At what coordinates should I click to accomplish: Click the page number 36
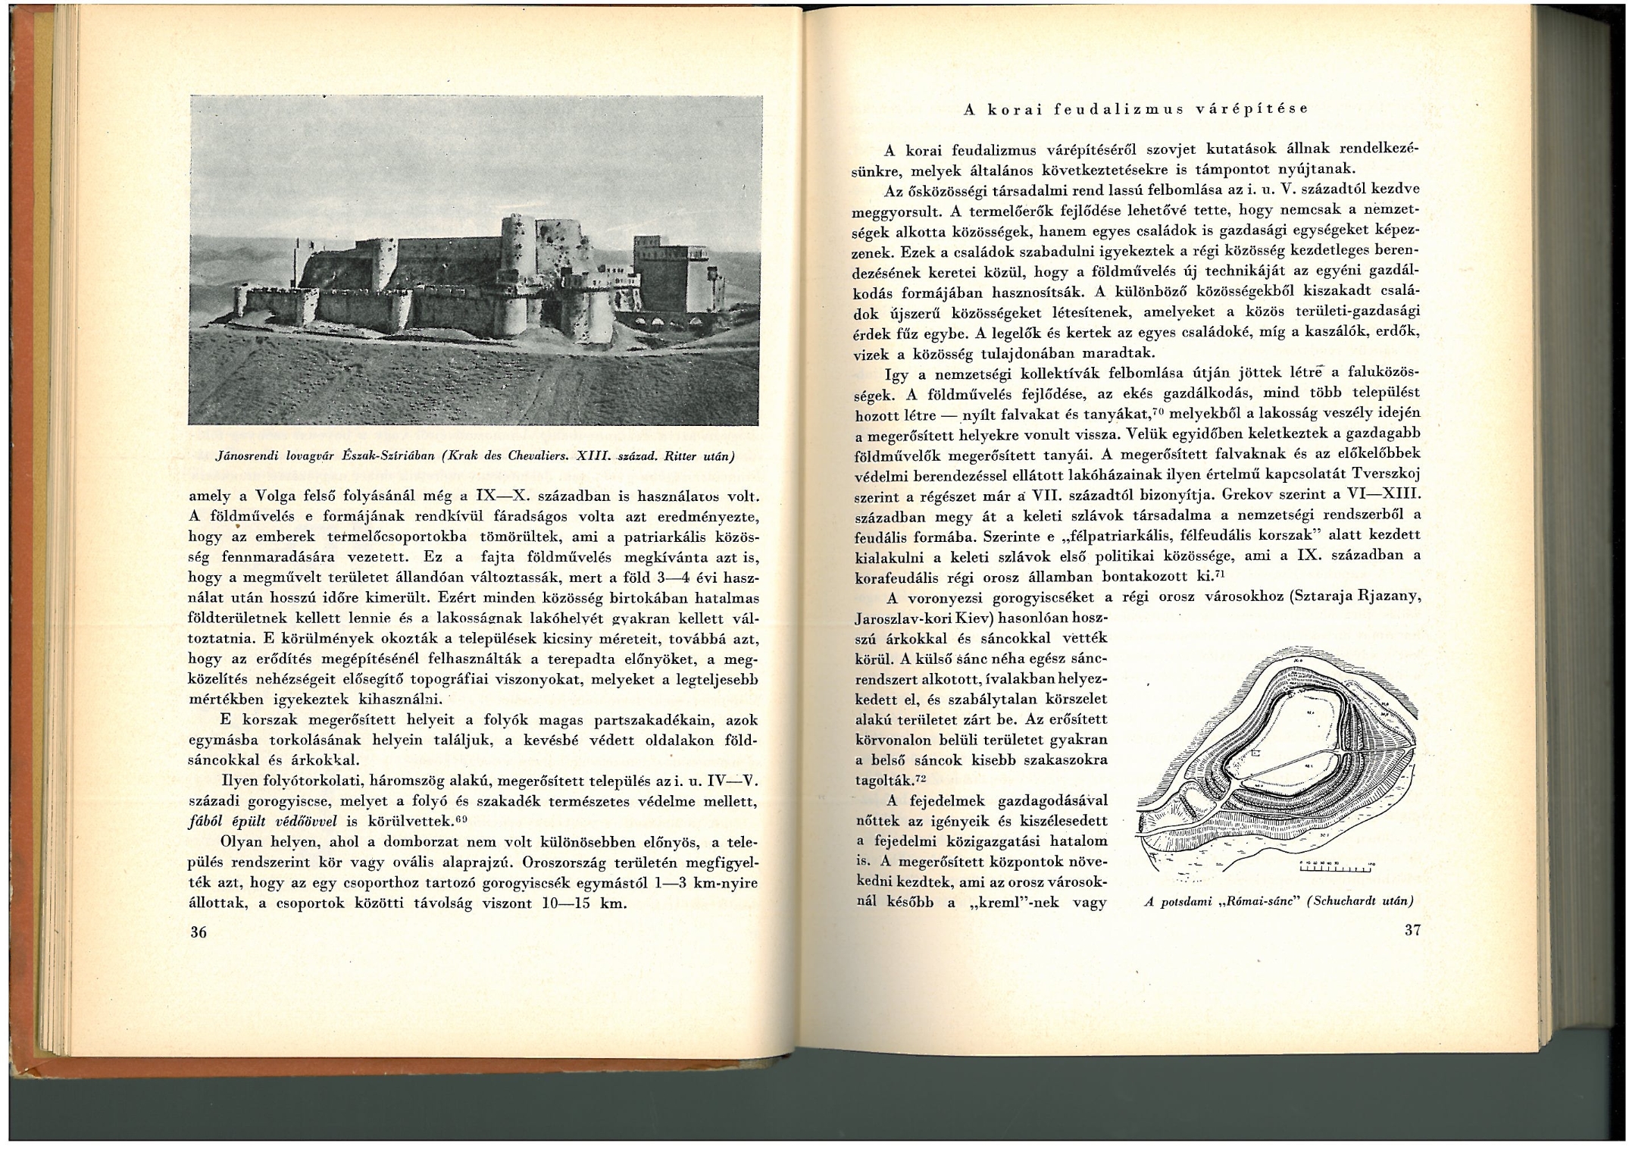pos(199,932)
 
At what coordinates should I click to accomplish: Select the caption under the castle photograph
pos(476,456)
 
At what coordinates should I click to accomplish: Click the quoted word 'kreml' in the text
pos(997,903)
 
